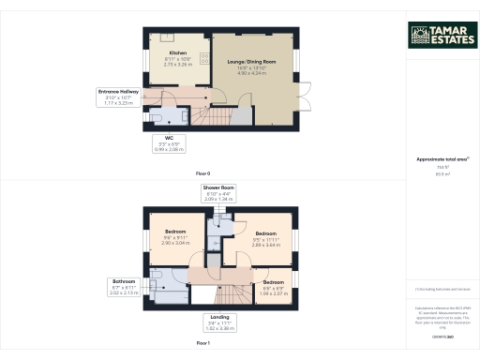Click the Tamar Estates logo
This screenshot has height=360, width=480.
pyautogui.click(x=441, y=35)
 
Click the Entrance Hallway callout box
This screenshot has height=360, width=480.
pyautogui.click(x=119, y=97)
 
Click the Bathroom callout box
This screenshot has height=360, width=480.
pyautogui.click(x=125, y=286)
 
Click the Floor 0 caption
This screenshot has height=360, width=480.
pyautogui.click(x=203, y=173)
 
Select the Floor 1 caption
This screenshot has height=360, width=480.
pyautogui.click(x=203, y=344)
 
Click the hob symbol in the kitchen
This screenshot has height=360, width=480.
pyautogui.click(x=203, y=59)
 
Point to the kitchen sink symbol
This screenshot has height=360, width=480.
pyautogui.click(x=166, y=37)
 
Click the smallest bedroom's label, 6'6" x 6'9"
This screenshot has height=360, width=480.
pyautogui.click(x=273, y=286)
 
